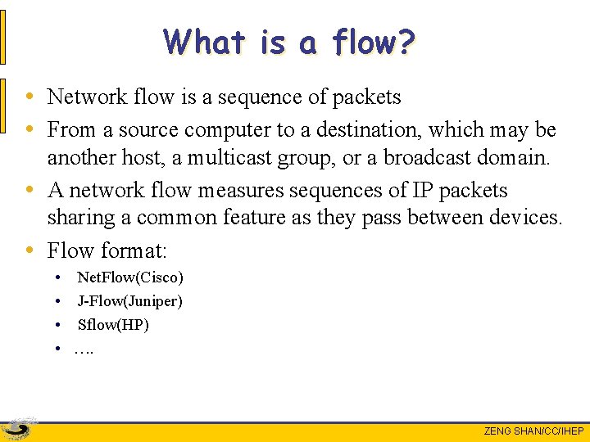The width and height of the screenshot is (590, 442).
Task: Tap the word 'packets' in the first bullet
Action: (x=366, y=97)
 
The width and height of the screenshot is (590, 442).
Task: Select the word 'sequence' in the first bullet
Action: (x=261, y=97)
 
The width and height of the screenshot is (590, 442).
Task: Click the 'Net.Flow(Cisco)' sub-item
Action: (x=130, y=278)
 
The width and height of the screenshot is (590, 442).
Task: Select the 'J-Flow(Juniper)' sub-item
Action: (x=129, y=301)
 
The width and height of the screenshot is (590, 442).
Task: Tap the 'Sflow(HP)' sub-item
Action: (x=113, y=325)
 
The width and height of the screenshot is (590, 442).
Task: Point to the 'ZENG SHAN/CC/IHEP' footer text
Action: (x=533, y=431)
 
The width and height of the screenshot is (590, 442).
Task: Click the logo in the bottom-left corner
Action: (x=18, y=428)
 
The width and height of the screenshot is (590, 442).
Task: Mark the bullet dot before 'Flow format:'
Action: (x=29, y=249)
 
